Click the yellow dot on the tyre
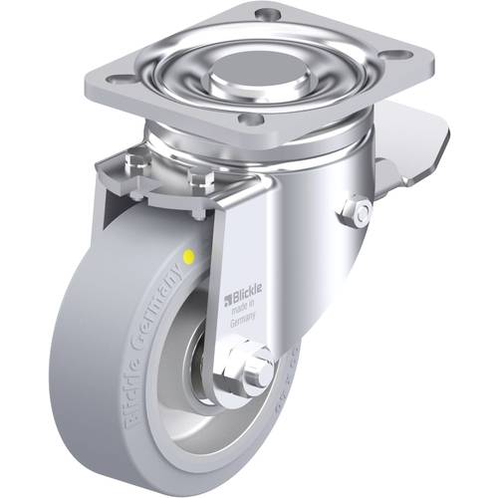coord(190,257)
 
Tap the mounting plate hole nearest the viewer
coord(253,119)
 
